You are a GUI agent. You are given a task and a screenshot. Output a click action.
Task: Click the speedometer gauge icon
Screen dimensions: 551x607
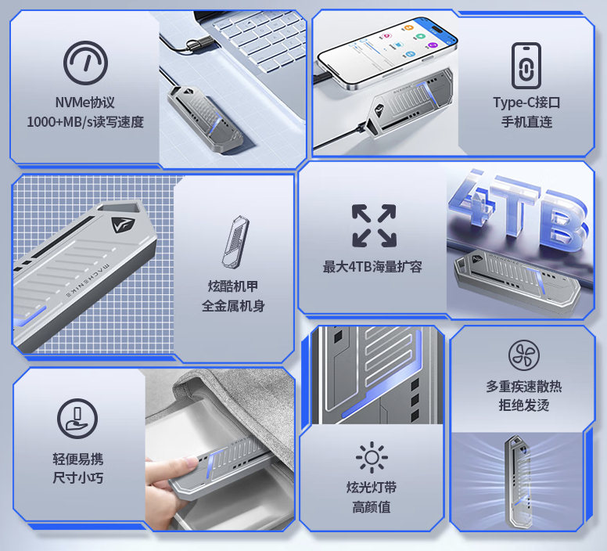85,63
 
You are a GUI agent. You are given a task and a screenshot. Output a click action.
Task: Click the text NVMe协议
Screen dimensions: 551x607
85,103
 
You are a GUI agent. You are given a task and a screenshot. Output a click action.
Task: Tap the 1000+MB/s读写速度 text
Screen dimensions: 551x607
85,122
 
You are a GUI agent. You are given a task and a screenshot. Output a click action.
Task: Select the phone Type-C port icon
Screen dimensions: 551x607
526,66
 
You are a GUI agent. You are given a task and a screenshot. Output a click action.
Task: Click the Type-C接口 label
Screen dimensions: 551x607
526,103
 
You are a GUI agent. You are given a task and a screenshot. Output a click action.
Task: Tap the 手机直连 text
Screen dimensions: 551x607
526,122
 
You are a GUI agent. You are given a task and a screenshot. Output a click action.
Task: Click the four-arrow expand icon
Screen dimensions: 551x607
373,225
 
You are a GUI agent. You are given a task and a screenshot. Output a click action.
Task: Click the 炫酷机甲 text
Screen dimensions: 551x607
233,286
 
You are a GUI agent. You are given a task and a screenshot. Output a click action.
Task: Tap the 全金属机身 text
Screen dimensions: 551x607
233,305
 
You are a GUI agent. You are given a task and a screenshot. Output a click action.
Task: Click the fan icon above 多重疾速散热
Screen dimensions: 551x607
523,355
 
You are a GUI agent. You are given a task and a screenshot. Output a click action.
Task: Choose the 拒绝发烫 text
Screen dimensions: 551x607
523,405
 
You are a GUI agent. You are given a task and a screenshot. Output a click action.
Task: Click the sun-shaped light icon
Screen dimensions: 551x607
371,457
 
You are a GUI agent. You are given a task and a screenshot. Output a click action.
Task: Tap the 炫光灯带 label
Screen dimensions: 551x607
371,488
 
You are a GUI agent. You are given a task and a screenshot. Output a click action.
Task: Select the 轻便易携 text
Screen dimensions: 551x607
77,459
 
